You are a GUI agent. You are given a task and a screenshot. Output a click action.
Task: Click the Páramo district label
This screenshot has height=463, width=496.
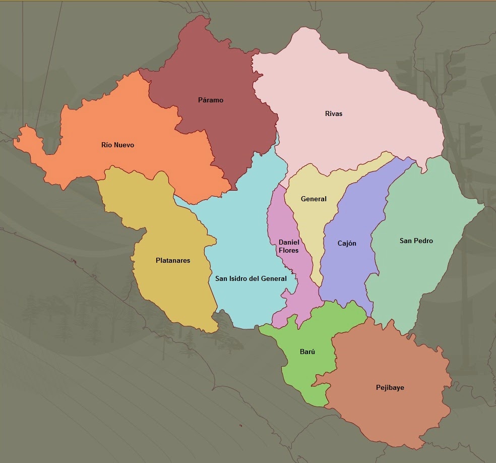[x=211, y=100]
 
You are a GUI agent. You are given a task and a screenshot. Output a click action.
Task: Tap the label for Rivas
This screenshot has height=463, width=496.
[x=334, y=113]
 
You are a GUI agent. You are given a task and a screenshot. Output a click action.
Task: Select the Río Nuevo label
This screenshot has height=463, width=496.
[x=117, y=145]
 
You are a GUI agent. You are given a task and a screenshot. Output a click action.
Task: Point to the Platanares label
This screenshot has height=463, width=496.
[x=173, y=261]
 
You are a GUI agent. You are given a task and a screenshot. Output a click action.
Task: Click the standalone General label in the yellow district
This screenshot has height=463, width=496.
[x=314, y=199]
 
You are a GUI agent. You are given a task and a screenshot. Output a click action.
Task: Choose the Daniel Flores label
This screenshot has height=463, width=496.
[x=289, y=247]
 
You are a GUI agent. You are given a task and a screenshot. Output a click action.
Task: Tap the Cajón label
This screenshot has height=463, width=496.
[x=347, y=243]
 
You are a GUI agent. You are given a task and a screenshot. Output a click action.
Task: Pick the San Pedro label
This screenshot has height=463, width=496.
[x=416, y=241]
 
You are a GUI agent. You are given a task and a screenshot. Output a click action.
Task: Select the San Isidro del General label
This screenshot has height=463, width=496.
[x=251, y=278]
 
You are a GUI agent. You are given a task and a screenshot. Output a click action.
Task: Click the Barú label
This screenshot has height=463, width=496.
[x=307, y=352]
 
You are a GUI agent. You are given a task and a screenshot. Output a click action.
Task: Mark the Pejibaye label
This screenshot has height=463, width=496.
[x=390, y=387]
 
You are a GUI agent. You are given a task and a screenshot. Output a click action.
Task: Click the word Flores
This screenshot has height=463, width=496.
[x=289, y=251]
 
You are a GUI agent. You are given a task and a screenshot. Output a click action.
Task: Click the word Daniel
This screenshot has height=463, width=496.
[x=289, y=243]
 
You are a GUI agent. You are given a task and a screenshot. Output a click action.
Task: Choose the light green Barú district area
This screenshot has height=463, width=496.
[x=302, y=373]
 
